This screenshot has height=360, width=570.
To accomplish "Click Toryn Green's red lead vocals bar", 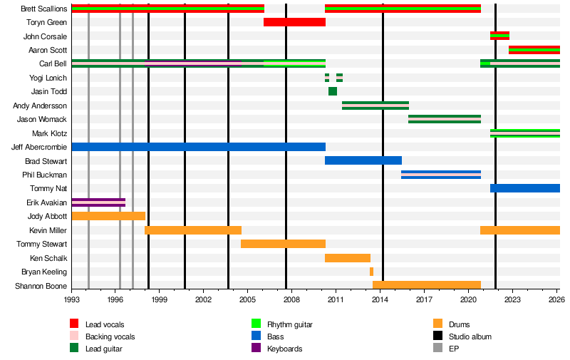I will [x=294, y=22].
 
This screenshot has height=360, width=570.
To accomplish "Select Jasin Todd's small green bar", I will [x=333, y=91].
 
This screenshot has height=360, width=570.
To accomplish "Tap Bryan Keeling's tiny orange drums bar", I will [x=371, y=272].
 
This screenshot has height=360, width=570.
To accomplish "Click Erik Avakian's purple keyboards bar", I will [x=98, y=202].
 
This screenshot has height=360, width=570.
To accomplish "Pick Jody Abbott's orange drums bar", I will [x=108, y=216].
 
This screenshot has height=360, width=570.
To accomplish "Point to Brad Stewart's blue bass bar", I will [x=363, y=160].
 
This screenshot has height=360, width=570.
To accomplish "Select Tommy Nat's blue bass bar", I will [x=525, y=188].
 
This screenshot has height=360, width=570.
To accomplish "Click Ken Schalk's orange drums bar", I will [x=348, y=257].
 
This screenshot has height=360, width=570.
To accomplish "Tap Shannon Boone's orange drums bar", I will [x=427, y=285].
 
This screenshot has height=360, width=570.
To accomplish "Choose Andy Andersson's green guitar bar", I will [x=375, y=106].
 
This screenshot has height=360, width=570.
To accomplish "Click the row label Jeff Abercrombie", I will [x=39, y=147].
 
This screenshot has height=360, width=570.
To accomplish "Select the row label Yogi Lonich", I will [x=48, y=78].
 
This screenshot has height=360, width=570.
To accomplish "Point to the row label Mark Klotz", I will [x=49, y=133].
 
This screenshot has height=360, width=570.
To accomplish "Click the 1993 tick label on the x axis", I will [x=72, y=299].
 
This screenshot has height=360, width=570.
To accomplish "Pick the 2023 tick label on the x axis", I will [x=512, y=299].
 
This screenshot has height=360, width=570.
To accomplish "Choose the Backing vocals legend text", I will [x=110, y=336].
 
